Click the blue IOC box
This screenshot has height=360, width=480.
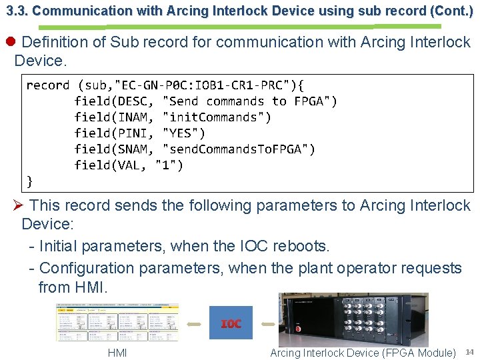point(231,323)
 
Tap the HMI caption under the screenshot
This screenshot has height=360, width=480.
point(117,353)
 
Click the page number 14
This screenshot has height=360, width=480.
point(469,352)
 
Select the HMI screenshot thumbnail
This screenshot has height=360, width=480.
point(118,322)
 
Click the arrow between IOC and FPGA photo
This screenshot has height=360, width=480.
point(265,323)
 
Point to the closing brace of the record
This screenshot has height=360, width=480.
point(29,181)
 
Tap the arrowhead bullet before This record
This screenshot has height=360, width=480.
point(19,206)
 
